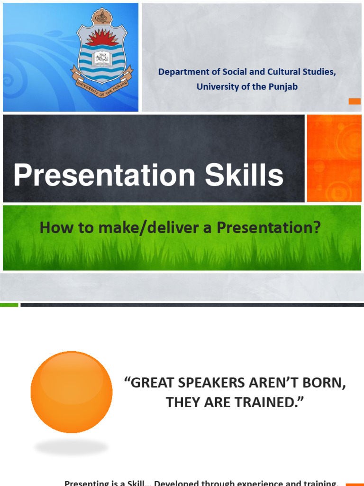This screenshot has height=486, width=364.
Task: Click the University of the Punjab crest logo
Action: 102,52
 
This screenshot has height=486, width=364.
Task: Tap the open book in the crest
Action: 101,58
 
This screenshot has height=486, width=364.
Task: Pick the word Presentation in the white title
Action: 104,176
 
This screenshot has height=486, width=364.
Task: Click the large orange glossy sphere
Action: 72,392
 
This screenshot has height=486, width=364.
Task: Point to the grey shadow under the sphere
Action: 72,447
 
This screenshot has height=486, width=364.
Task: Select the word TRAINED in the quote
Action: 269,402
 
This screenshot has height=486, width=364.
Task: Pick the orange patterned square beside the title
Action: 334,159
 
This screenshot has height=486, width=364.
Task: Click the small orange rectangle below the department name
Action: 355,101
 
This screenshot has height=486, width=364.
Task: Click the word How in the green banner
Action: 51,228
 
